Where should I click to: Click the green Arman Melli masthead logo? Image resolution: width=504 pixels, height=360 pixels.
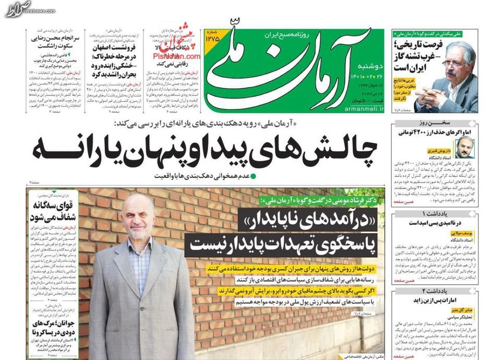(x=292, y=68)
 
